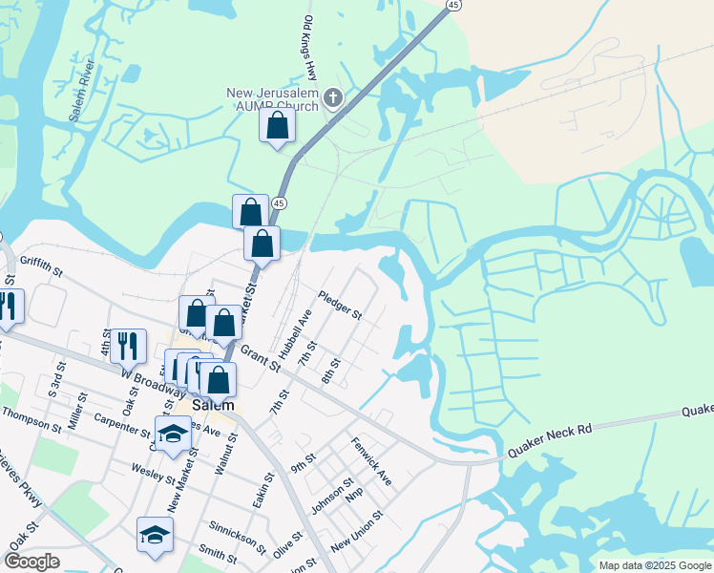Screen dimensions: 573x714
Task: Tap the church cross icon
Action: [333, 97]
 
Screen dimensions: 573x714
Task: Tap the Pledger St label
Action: [341, 305]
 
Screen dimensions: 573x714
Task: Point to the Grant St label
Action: [260, 358]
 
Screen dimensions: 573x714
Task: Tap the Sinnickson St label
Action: [238, 537]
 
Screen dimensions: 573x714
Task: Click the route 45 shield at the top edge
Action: [453, 5]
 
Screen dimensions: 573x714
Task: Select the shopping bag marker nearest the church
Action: [277, 126]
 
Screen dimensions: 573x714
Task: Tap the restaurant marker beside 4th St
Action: [128, 346]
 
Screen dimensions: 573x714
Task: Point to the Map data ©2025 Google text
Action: [654, 565]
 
